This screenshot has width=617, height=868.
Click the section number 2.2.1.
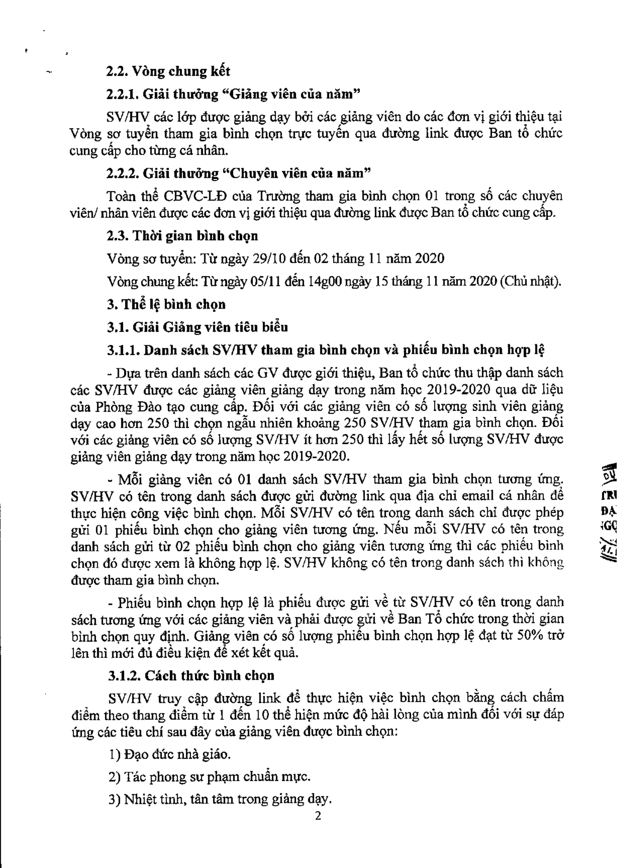[123, 95]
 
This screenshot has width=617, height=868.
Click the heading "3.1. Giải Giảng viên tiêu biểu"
[197, 327]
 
